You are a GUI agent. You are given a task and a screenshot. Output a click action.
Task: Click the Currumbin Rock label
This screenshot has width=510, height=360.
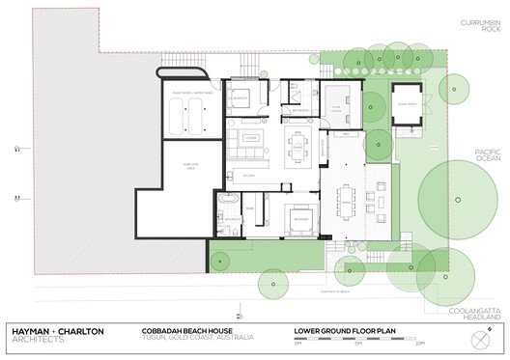(x=479, y=24)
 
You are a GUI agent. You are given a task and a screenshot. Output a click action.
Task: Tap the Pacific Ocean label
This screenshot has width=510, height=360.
(x=487, y=159)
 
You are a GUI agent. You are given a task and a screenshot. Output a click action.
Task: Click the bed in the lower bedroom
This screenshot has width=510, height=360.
(x=301, y=218)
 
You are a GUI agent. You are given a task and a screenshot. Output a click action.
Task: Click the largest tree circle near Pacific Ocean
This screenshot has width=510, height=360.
(x=453, y=188)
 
